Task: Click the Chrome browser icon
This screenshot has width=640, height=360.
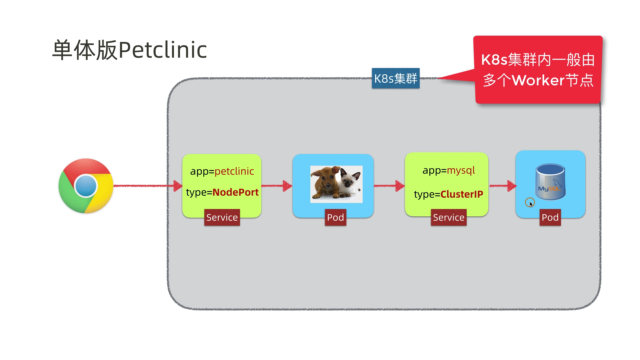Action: tap(86, 186)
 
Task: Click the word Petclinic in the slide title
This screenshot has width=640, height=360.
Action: tap(163, 50)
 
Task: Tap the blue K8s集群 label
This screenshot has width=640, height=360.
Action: tap(396, 78)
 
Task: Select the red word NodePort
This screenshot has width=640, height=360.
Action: tap(235, 192)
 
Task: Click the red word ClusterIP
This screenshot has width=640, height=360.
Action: tap(462, 194)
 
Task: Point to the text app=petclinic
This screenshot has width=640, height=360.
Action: tap(222, 171)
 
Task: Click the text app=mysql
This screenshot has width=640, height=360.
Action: tap(449, 171)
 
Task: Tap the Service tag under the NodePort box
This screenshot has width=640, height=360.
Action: tap(222, 217)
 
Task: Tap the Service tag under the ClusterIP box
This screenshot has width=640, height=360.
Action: tap(449, 217)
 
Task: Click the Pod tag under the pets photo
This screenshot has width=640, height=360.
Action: tap(335, 217)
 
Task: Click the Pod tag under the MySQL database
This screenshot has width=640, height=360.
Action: tap(550, 217)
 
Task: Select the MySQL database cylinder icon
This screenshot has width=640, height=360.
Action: tap(550, 182)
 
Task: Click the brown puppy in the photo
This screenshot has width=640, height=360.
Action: tap(325, 183)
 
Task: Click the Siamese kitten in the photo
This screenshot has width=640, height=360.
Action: tap(349, 185)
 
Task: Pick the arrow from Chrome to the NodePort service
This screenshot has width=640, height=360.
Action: tap(148, 186)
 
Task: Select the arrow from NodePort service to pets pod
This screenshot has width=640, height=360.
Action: tap(277, 186)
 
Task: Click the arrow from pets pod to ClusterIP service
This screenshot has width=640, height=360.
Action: tap(389, 186)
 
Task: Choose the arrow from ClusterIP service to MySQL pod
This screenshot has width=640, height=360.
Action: tap(503, 186)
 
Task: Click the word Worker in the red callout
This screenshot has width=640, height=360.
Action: tap(538, 80)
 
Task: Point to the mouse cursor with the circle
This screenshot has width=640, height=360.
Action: tap(530, 203)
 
